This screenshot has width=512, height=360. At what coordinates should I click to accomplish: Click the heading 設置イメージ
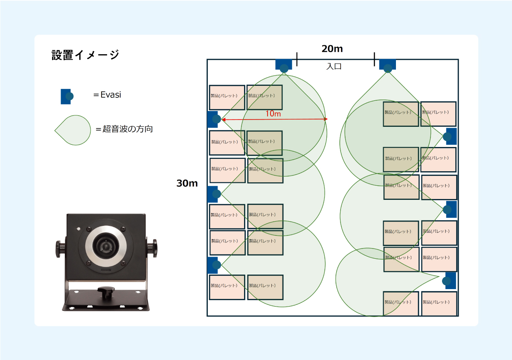click(x=85, y=55)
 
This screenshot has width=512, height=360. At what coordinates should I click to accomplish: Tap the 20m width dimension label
click(x=332, y=49)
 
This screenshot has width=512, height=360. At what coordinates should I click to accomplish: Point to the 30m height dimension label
click(x=187, y=184)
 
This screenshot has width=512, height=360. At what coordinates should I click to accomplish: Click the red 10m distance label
click(x=273, y=114)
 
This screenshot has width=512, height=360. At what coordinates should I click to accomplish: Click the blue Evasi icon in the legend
click(x=67, y=96)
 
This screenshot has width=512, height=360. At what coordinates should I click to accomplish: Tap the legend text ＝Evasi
click(x=107, y=95)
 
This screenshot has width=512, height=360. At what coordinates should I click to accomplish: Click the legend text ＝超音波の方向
click(x=124, y=129)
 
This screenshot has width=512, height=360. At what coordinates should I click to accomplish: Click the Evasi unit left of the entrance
click(x=284, y=65)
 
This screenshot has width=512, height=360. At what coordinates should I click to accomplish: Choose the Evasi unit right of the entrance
click(x=387, y=65)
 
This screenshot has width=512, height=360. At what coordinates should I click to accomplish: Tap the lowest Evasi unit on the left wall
click(x=214, y=265)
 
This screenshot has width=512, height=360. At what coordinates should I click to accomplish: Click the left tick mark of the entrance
click(x=297, y=59)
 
